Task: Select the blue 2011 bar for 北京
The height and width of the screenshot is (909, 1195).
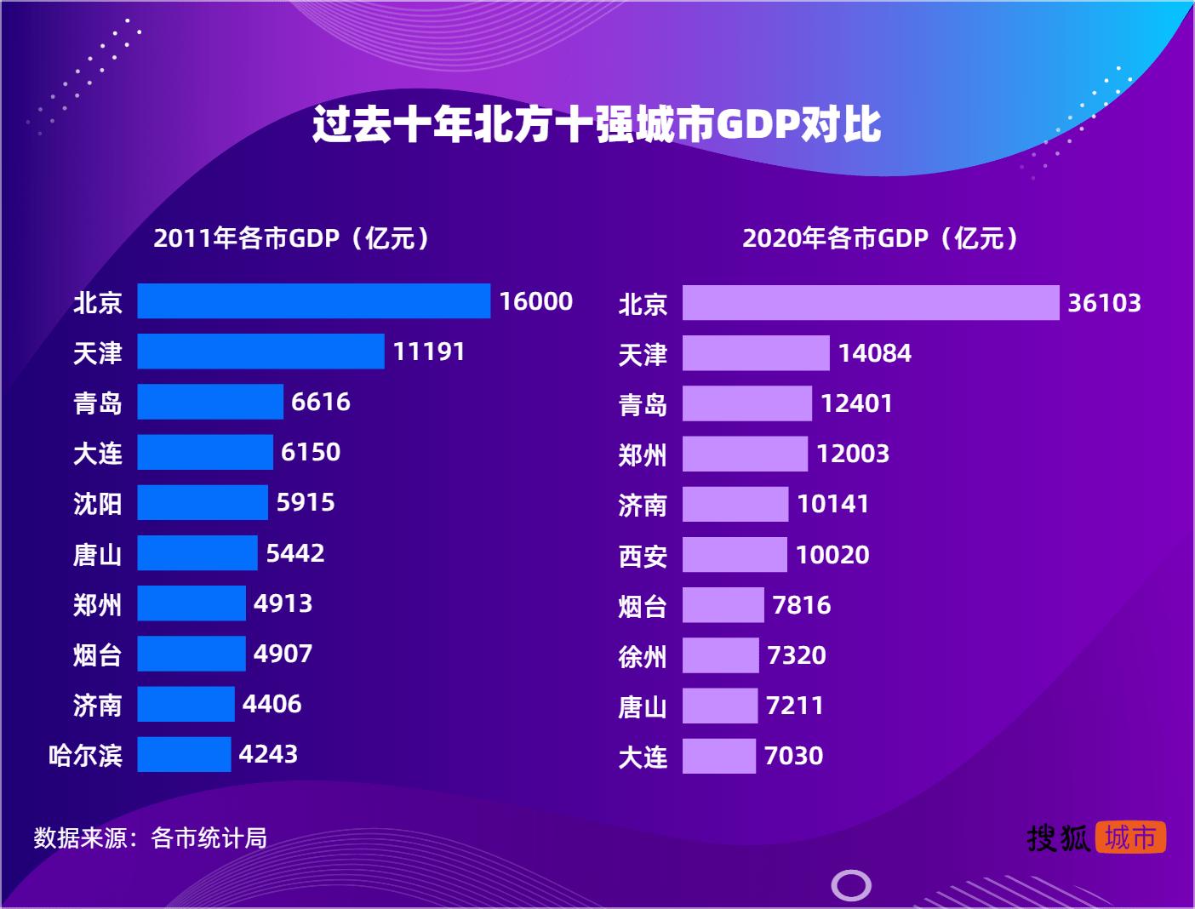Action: [x=313, y=301]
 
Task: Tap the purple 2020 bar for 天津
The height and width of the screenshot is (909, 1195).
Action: [x=756, y=353]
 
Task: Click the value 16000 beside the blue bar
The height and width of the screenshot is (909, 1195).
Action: [x=535, y=301]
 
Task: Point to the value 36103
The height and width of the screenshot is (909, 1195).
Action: [x=1104, y=303]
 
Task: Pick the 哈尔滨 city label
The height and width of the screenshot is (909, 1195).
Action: [x=85, y=755]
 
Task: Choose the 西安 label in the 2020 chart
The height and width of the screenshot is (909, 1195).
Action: [x=643, y=556]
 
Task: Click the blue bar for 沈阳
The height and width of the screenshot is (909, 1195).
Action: [x=203, y=502]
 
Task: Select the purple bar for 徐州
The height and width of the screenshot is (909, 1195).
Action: [x=720, y=655]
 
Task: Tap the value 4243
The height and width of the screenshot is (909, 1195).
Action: [x=268, y=754]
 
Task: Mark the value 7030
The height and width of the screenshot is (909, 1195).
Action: [x=793, y=756]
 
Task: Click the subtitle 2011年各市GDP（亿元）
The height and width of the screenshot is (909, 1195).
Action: [x=294, y=238]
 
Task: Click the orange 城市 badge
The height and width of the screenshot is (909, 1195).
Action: [x=1130, y=838]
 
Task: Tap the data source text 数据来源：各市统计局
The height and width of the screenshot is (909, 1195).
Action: [x=151, y=838]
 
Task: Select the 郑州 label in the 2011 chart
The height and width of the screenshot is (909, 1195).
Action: [x=97, y=605]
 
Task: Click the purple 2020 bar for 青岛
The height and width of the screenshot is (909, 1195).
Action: [x=746, y=403]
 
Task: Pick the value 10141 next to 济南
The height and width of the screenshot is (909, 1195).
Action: [x=832, y=504]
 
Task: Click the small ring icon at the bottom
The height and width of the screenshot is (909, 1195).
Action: [x=850, y=886]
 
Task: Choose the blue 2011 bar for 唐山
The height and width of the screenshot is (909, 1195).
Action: [x=197, y=553]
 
